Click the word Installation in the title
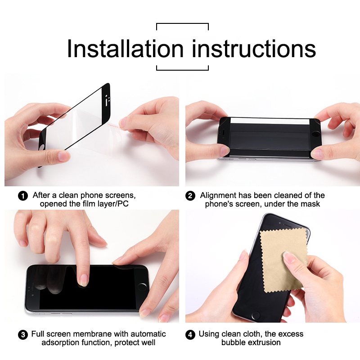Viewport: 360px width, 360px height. [125, 49]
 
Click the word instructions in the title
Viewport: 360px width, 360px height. [254, 49]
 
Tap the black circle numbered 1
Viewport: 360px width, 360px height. [23, 196]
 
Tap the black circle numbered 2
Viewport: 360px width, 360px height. [191, 196]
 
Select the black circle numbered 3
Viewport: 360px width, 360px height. [22, 335]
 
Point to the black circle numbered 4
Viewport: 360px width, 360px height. [191, 335]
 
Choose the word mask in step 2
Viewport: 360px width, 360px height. [310, 204]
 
